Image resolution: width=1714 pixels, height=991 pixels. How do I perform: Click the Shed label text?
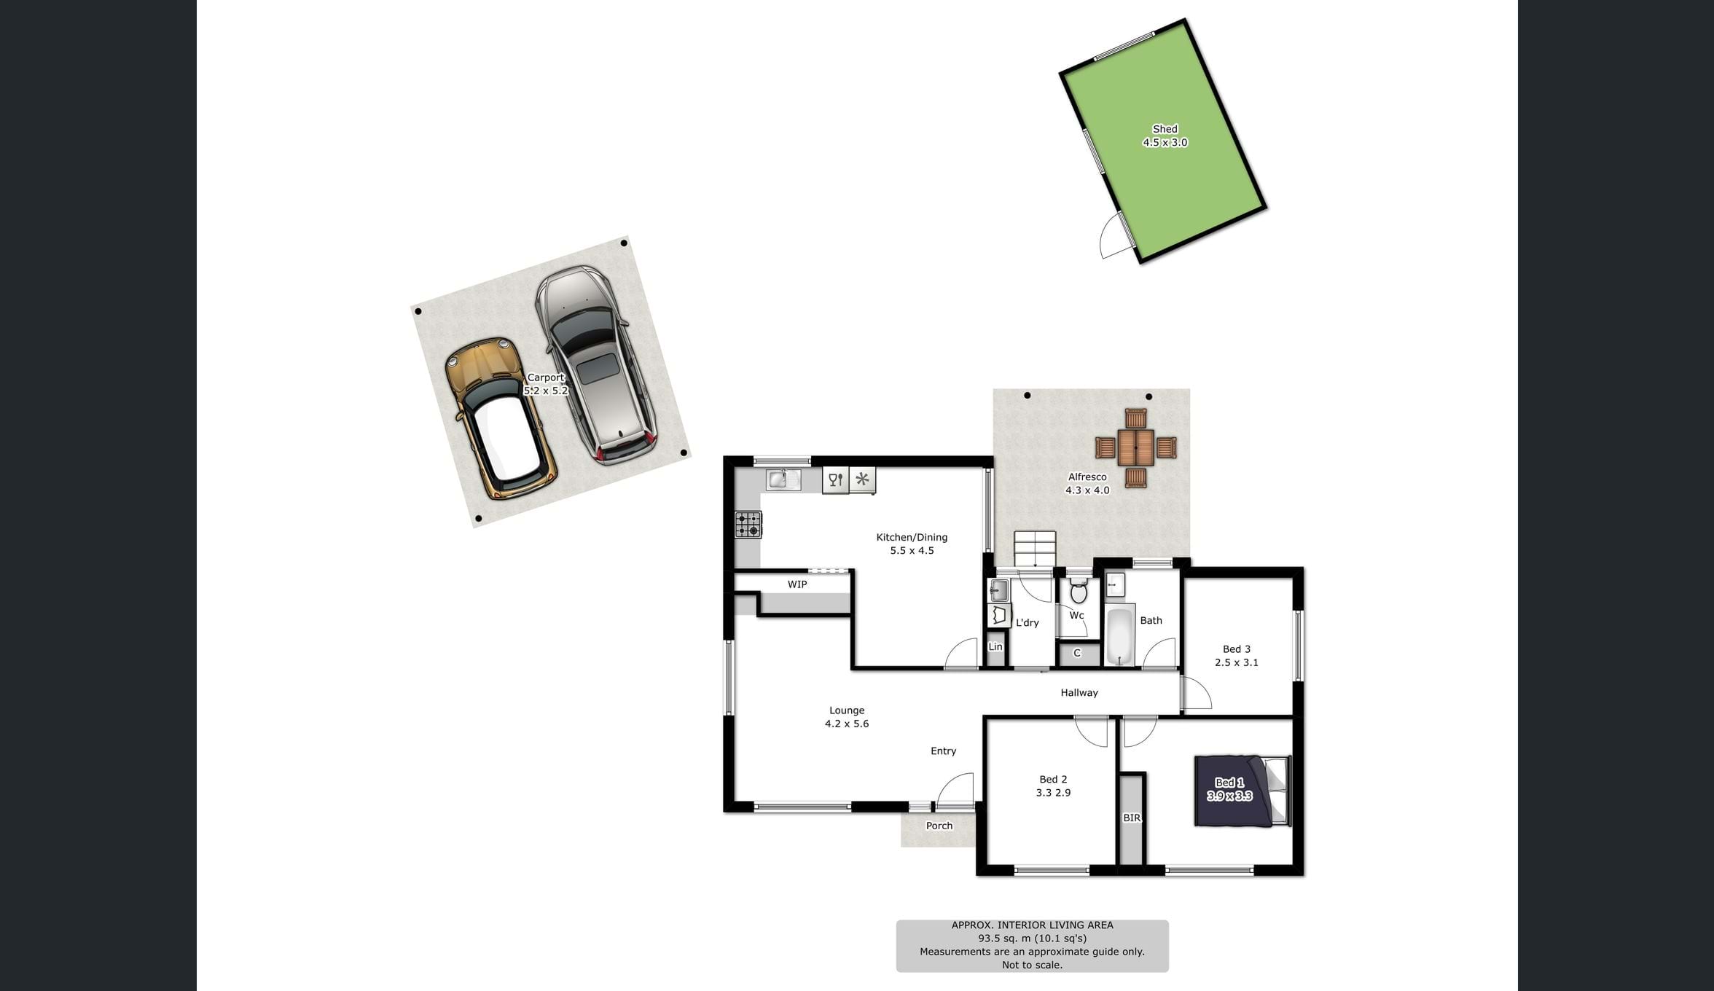(1165, 129)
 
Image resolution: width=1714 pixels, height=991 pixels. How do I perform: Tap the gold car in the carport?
(501, 418)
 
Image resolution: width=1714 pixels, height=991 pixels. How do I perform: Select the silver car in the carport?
(595, 364)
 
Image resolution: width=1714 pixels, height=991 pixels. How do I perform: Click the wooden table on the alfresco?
(1136, 448)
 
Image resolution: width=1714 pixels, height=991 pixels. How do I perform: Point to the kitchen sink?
(783, 479)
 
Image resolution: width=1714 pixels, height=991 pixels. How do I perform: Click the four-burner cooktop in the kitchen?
(748, 525)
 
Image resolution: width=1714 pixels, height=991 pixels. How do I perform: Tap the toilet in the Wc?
(1079, 590)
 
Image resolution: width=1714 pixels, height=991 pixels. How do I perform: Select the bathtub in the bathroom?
(1120, 634)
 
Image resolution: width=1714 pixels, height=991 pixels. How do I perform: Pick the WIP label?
(797, 584)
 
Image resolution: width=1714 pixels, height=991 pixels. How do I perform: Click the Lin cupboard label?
(995, 646)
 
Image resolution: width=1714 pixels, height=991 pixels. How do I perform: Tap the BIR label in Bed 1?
(1132, 818)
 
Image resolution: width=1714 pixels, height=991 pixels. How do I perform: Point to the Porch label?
(939, 826)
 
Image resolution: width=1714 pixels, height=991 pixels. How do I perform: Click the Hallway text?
(1079, 693)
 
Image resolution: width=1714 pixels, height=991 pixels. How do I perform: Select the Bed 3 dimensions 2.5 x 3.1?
(1237, 662)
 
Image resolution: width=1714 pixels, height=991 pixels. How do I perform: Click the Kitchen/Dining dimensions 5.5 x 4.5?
(912, 550)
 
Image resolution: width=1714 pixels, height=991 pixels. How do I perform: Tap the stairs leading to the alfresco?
(1035, 549)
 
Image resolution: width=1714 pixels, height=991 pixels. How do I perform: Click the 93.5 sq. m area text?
(1032, 939)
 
